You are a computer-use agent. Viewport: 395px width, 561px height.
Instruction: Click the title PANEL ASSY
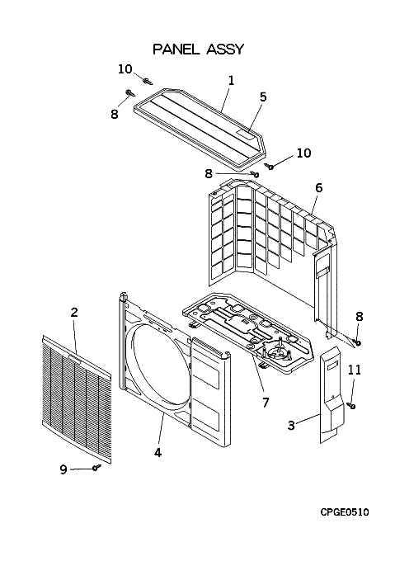click(x=198, y=49)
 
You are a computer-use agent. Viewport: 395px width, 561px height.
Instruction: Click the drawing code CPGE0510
click(x=344, y=512)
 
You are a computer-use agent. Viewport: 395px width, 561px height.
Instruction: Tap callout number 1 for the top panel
click(x=231, y=81)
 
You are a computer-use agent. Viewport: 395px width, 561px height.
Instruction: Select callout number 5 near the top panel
click(x=263, y=97)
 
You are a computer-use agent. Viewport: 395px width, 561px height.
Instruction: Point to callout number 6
click(x=318, y=187)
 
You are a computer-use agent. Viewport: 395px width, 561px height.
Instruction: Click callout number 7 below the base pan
click(x=265, y=403)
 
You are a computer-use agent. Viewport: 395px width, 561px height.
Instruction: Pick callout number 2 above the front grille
click(x=74, y=313)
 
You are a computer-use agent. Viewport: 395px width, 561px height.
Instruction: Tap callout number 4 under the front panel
click(x=158, y=452)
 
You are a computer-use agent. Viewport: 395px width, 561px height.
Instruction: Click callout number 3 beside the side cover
click(x=291, y=426)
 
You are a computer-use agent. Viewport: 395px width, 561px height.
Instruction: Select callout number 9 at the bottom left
click(x=63, y=469)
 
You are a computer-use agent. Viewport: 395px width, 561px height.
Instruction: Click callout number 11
click(x=355, y=370)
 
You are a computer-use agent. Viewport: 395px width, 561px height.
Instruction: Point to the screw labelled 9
click(x=96, y=467)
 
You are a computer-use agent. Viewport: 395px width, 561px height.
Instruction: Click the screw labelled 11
click(x=352, y=405)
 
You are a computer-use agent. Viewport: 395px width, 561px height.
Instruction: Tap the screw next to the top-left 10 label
click(x=148, y=82)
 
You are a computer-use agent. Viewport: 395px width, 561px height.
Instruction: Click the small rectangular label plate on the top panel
click(x=246, y=135)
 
